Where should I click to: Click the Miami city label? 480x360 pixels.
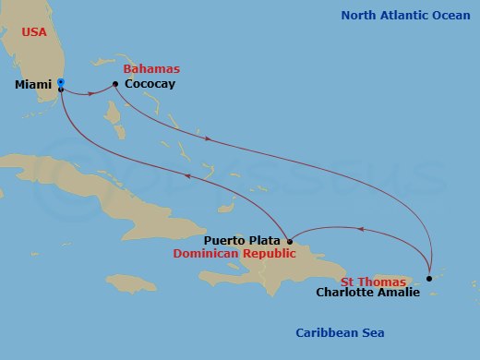33,85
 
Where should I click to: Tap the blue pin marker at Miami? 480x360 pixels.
60,83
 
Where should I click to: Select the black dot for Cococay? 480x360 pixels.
114,84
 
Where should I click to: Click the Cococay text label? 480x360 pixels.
150,85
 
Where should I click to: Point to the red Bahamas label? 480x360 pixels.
152,69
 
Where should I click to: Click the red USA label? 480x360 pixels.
35,32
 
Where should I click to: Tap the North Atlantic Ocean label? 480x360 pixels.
405,16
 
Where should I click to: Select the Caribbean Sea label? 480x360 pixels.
340,333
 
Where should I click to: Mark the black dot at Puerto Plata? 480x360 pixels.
290,242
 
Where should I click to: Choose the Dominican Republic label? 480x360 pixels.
237,255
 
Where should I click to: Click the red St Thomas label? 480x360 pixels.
373,281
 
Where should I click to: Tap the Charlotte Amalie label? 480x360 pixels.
368,293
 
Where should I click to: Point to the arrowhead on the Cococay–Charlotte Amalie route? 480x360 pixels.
209,139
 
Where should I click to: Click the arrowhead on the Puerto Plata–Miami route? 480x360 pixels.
188,175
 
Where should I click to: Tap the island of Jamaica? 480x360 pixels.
132,282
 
